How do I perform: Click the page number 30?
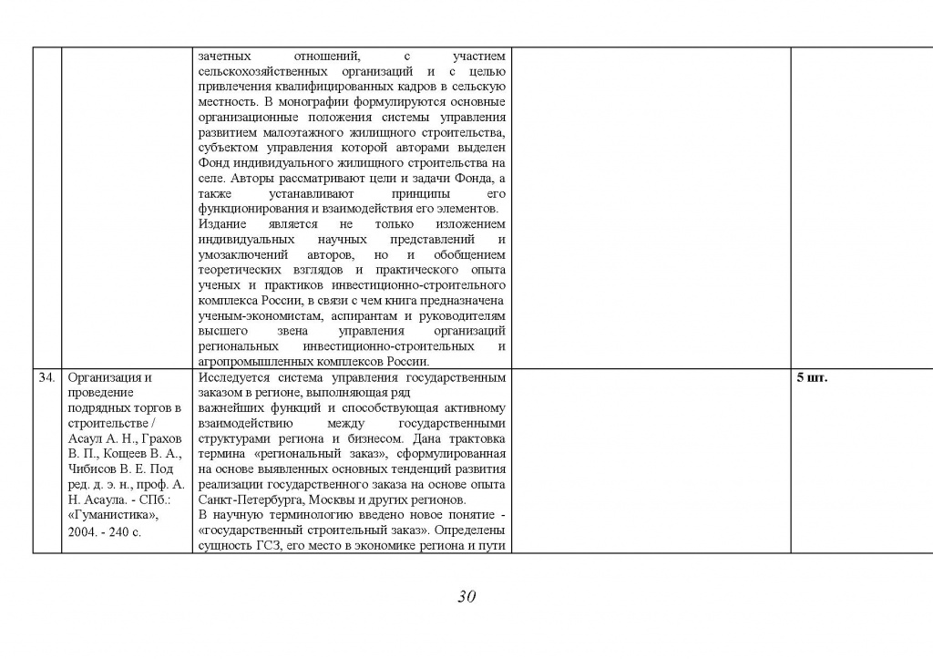[466, 598]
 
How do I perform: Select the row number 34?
[47, 377]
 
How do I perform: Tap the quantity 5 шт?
[812, 377]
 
